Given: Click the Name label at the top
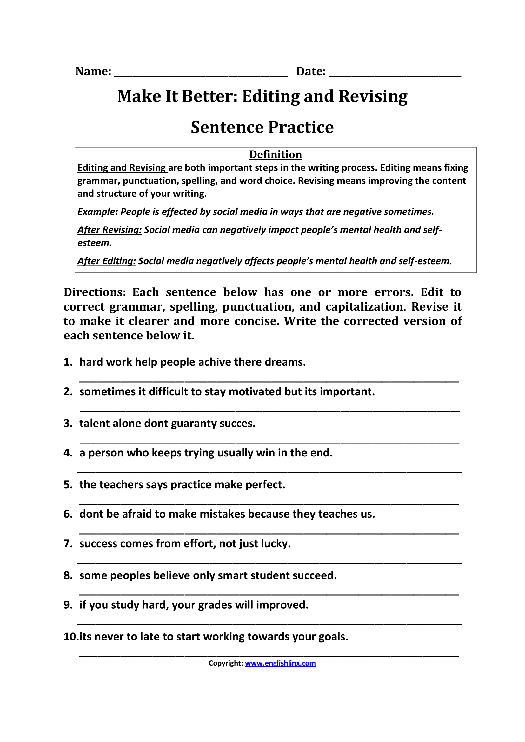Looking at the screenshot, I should tap(93, 71).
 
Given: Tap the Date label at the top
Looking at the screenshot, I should tap(311, 71).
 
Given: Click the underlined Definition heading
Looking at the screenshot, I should tap(276, 154).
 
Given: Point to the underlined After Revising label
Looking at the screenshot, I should tap(110, 230).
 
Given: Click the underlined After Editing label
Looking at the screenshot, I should tap(107, 261).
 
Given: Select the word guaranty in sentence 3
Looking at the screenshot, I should tap(193, 424).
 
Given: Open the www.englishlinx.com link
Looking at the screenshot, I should tap(280, 663).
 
